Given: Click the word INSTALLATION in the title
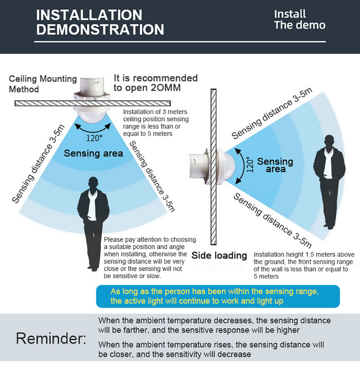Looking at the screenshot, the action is (x=89, y=15).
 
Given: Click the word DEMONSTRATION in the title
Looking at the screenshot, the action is (x=100, y=30).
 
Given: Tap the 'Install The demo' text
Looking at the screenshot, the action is (x=300, y=19).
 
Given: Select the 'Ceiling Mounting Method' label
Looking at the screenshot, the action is (x=43, y=84).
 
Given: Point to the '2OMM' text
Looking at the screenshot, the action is (x=166, y=88).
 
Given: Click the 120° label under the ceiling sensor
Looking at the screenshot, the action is (x=94, y=138).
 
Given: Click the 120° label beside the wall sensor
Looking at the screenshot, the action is (x=250, y=165).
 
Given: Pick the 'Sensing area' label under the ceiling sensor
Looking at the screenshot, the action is (x=94, y=153).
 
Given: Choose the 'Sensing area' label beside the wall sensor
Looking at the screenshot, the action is (x=275, y=165).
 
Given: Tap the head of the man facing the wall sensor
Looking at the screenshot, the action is (x=329, y=141).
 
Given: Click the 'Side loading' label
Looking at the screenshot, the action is (x=219, y=256).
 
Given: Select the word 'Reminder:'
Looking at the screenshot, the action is (x=51, y=338).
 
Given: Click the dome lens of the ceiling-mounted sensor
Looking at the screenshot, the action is (x=92, y=116).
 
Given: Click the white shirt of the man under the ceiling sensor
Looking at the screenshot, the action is (x=92, y=205).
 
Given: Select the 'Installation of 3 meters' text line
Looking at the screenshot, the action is (x=155, y=112).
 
